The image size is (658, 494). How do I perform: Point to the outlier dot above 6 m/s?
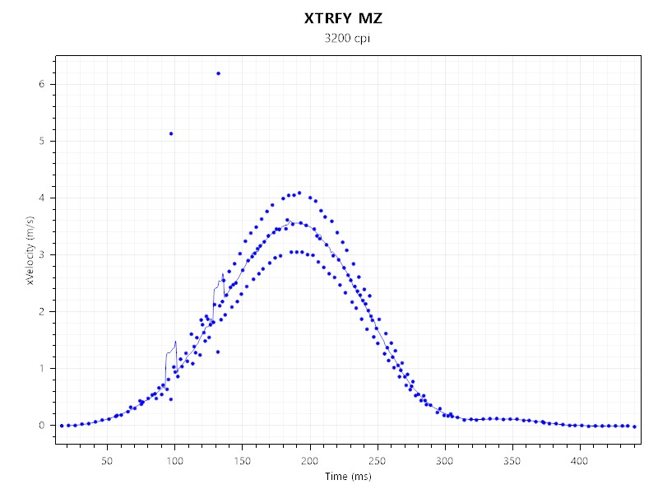(218, 73)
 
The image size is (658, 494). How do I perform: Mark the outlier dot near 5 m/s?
(170, 133)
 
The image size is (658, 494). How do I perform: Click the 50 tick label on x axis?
(107, 460)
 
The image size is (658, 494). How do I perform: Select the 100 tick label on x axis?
(174, 460)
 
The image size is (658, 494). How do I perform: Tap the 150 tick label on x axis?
(242, 460)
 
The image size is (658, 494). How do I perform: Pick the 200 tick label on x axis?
(309, 460)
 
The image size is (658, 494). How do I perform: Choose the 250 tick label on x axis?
(377, 460)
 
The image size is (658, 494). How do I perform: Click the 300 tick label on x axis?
(444, 460)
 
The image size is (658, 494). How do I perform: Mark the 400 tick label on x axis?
(579, 460)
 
